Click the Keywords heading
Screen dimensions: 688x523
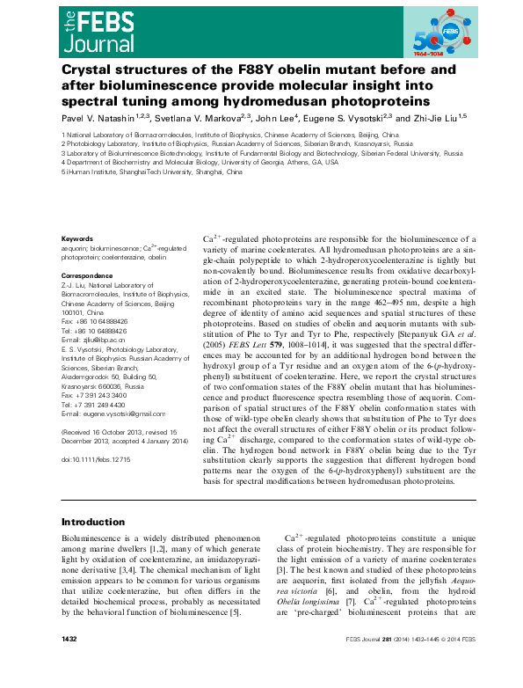(76, 238)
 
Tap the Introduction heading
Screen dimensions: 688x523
(94, 521)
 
